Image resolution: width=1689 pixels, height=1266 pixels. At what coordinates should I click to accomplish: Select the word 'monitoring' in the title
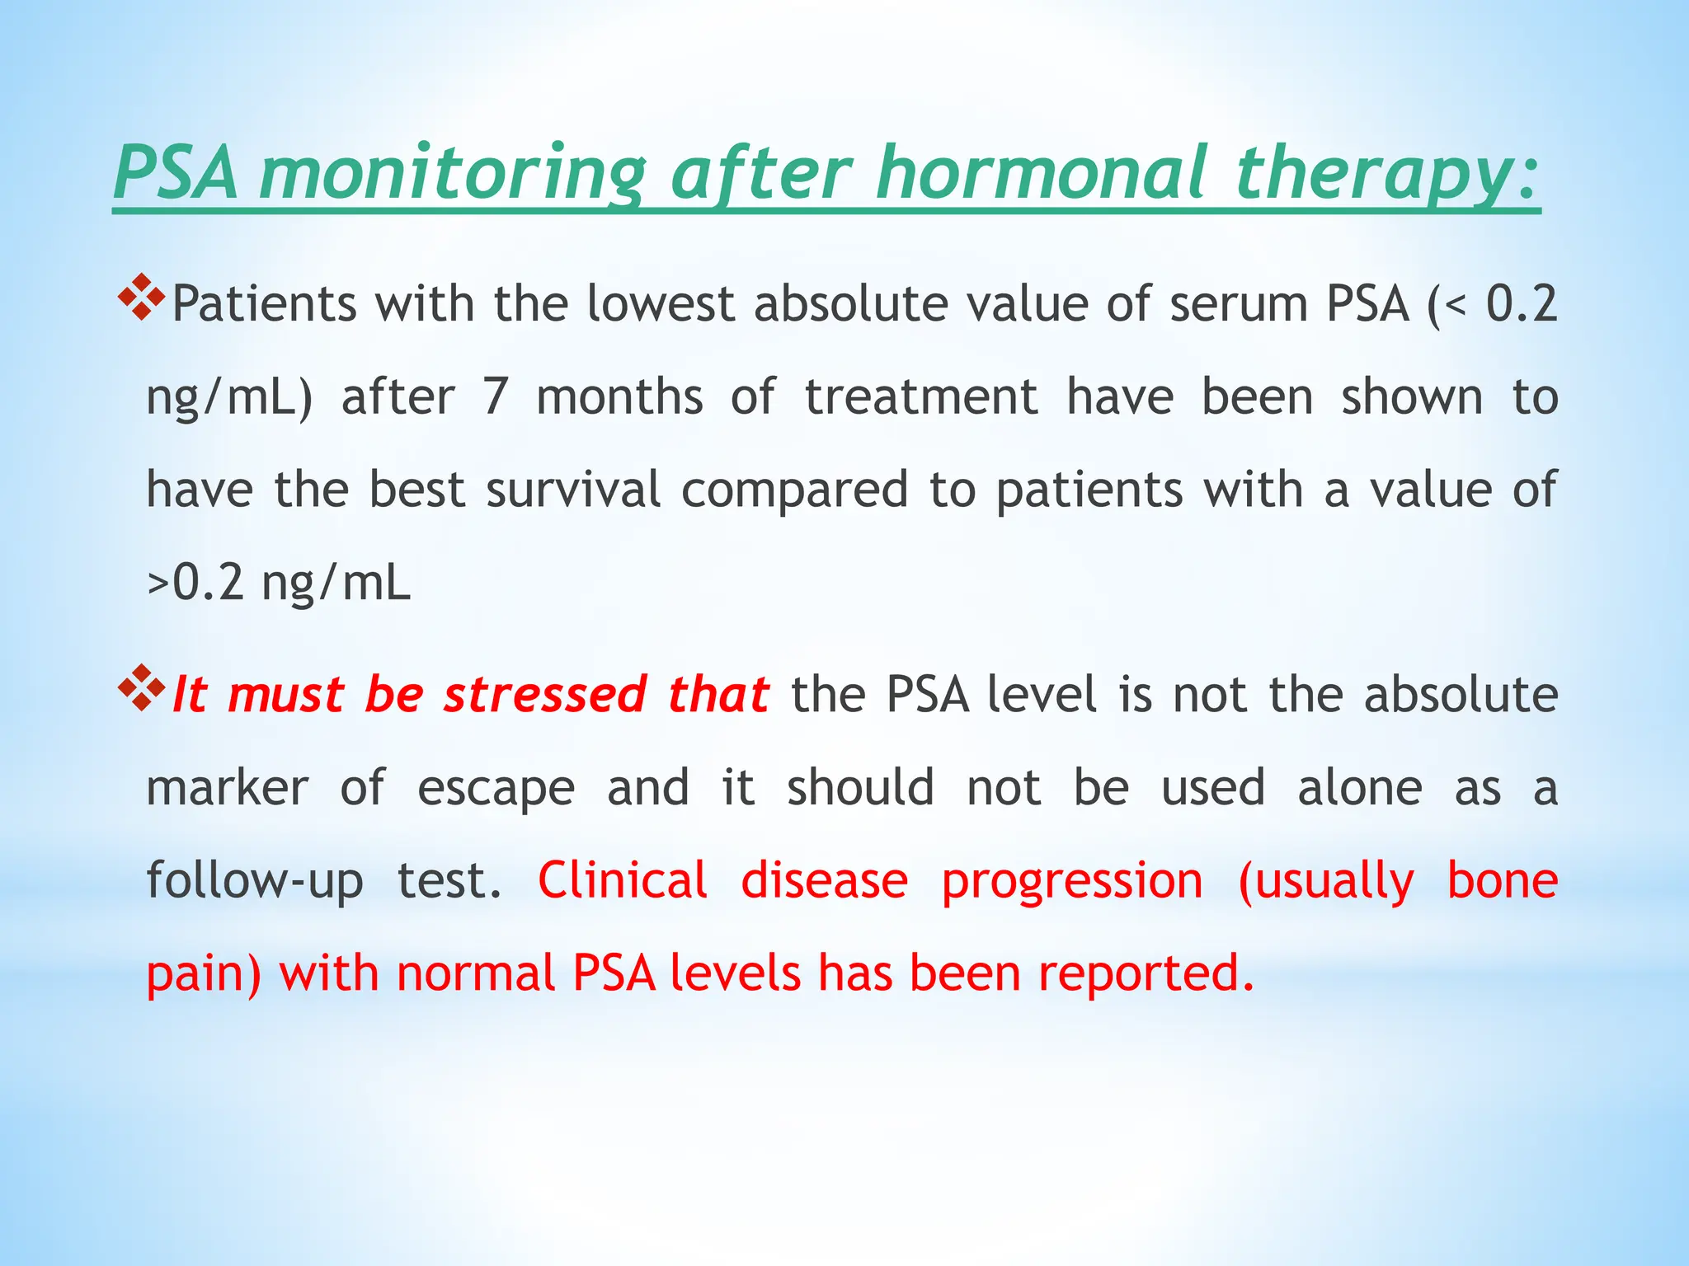point(452,175)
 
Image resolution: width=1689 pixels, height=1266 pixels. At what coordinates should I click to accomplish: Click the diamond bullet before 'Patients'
point(142,298)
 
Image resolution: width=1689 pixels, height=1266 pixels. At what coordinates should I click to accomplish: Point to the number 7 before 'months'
point(495,396)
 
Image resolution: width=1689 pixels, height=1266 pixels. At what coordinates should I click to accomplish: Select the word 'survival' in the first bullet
point(573,490)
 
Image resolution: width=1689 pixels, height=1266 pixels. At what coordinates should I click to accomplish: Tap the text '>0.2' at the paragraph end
point(195,583)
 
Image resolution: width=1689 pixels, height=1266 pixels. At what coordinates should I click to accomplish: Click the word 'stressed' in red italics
point(544,694)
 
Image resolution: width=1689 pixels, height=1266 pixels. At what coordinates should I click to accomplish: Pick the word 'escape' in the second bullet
point(496,789)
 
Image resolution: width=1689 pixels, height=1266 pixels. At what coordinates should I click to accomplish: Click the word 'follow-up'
point(254,881)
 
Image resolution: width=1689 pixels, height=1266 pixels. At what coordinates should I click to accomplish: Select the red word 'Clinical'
point(623,880)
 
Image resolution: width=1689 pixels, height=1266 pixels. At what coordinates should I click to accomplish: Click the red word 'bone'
point(1503,880)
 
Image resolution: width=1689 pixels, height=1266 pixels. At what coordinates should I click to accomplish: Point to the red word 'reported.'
point(1146,973)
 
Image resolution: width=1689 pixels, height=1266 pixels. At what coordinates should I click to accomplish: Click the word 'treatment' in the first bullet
point(920,396)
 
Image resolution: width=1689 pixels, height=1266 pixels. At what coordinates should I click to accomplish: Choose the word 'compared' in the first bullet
point(794,491)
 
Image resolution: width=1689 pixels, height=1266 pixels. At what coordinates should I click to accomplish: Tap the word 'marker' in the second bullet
point(227,788)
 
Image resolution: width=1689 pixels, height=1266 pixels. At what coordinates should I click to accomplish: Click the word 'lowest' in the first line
point(660,303)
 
